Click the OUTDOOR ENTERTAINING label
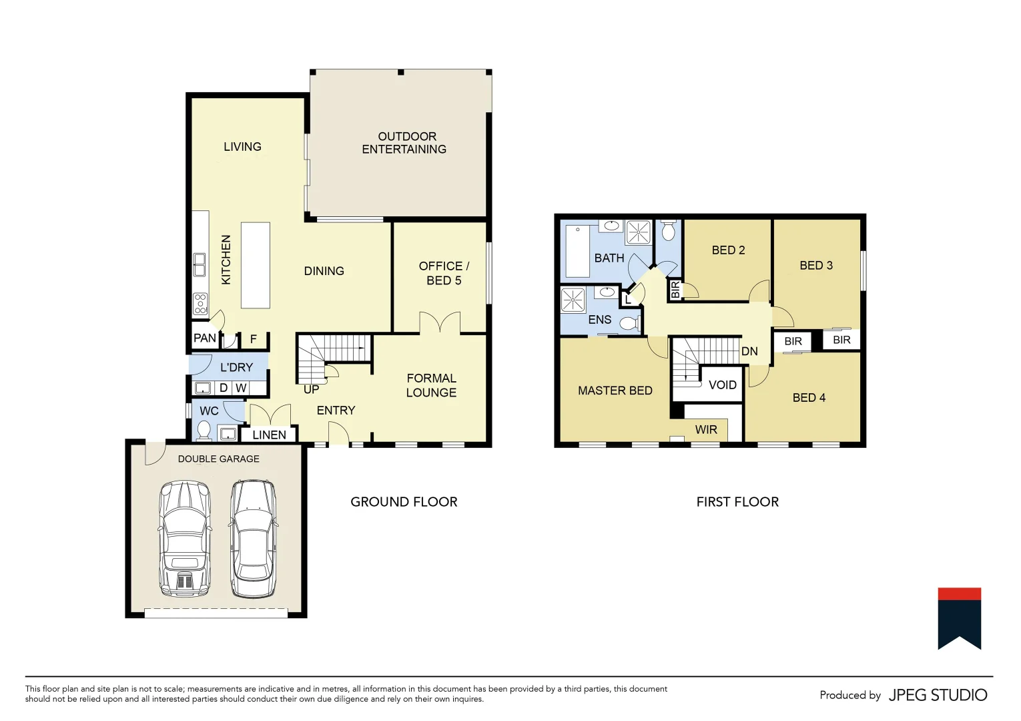click(404, 143)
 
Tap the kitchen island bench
click(255, 265)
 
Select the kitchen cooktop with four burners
click(200, 304)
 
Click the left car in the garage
click(185, 539)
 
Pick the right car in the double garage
click(254, 539)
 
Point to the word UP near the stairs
click(311, 389)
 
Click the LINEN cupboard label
click(269, 435)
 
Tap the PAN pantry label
click(204, 338)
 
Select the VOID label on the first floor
click(722, 385)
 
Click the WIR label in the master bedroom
click(706, 430)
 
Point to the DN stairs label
click(749, 351)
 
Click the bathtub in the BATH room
click(578, 251)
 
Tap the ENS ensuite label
click(599, 320)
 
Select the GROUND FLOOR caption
click(404, 502)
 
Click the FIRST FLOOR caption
click(737, 502)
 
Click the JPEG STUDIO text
click(938, 695)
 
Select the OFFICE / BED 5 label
click(444, 273)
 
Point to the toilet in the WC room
click(204, 430)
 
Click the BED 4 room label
click(809, 398)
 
